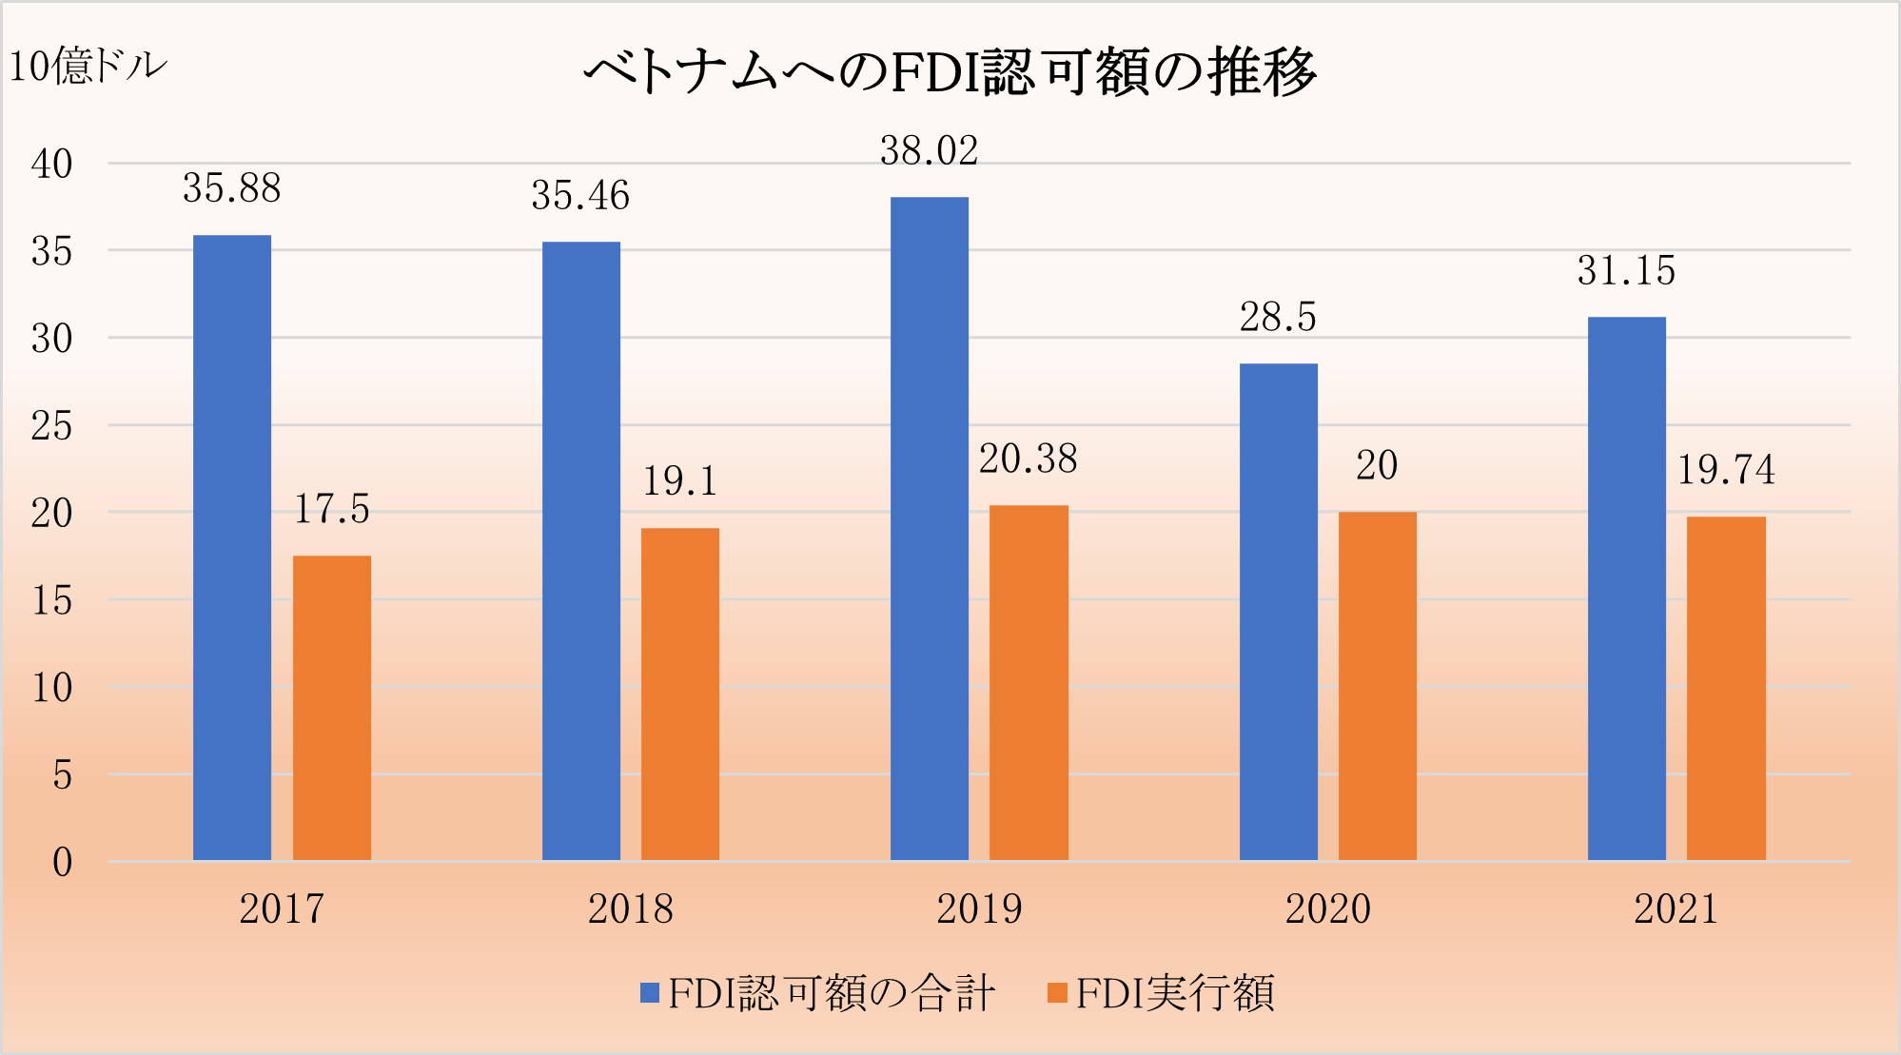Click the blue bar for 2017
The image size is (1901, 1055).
[232, 547]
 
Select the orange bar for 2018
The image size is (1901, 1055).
[680, 694]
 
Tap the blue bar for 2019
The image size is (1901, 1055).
[930, 528]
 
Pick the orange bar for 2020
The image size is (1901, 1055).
[1378, 686]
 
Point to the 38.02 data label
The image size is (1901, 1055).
[930, 151]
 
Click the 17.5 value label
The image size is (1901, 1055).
[331, 509]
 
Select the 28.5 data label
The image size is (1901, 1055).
[1278, 317]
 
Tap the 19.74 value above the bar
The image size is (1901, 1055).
[1726, 470]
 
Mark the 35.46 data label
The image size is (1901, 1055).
[580, 196]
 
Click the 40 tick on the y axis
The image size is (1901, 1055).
[52, 165]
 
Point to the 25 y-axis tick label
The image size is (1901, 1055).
[52, 426]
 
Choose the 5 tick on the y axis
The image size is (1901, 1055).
[62, 775]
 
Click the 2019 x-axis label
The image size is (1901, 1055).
[979, 908]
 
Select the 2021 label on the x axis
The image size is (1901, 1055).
[1676, 908]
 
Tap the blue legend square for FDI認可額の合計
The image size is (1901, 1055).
[650, 993]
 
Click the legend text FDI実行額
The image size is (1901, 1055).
[1175, 993]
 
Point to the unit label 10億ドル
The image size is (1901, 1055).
[88, 67]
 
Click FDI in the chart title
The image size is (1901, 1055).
[936, 72]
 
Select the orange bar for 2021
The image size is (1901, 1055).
[1726, 688]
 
